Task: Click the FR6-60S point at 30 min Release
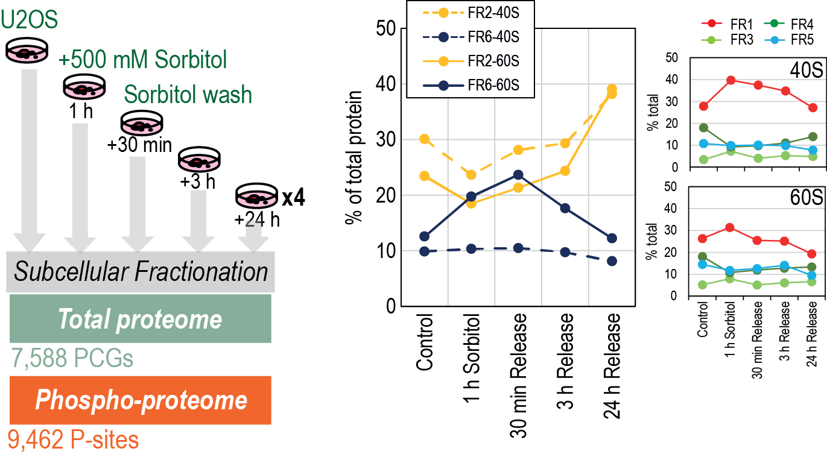point(518,175)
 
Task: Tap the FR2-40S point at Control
point(425,139)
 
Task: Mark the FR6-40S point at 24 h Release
point(612,261)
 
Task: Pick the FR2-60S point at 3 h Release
point(565,171)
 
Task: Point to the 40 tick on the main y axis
point(386,84)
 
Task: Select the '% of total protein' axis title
point(353,157)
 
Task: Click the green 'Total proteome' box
point(141,318)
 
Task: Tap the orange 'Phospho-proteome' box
point(141,400)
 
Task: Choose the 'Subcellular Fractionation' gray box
point(141,272)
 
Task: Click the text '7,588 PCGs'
point(72,358)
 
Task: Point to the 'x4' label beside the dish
point(294,198)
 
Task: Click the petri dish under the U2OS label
point(27,50)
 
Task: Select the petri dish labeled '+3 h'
point(200,160)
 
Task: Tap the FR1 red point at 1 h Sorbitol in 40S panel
point(730,80)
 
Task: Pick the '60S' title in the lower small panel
point(806,198)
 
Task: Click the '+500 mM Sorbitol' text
point(142,60)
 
